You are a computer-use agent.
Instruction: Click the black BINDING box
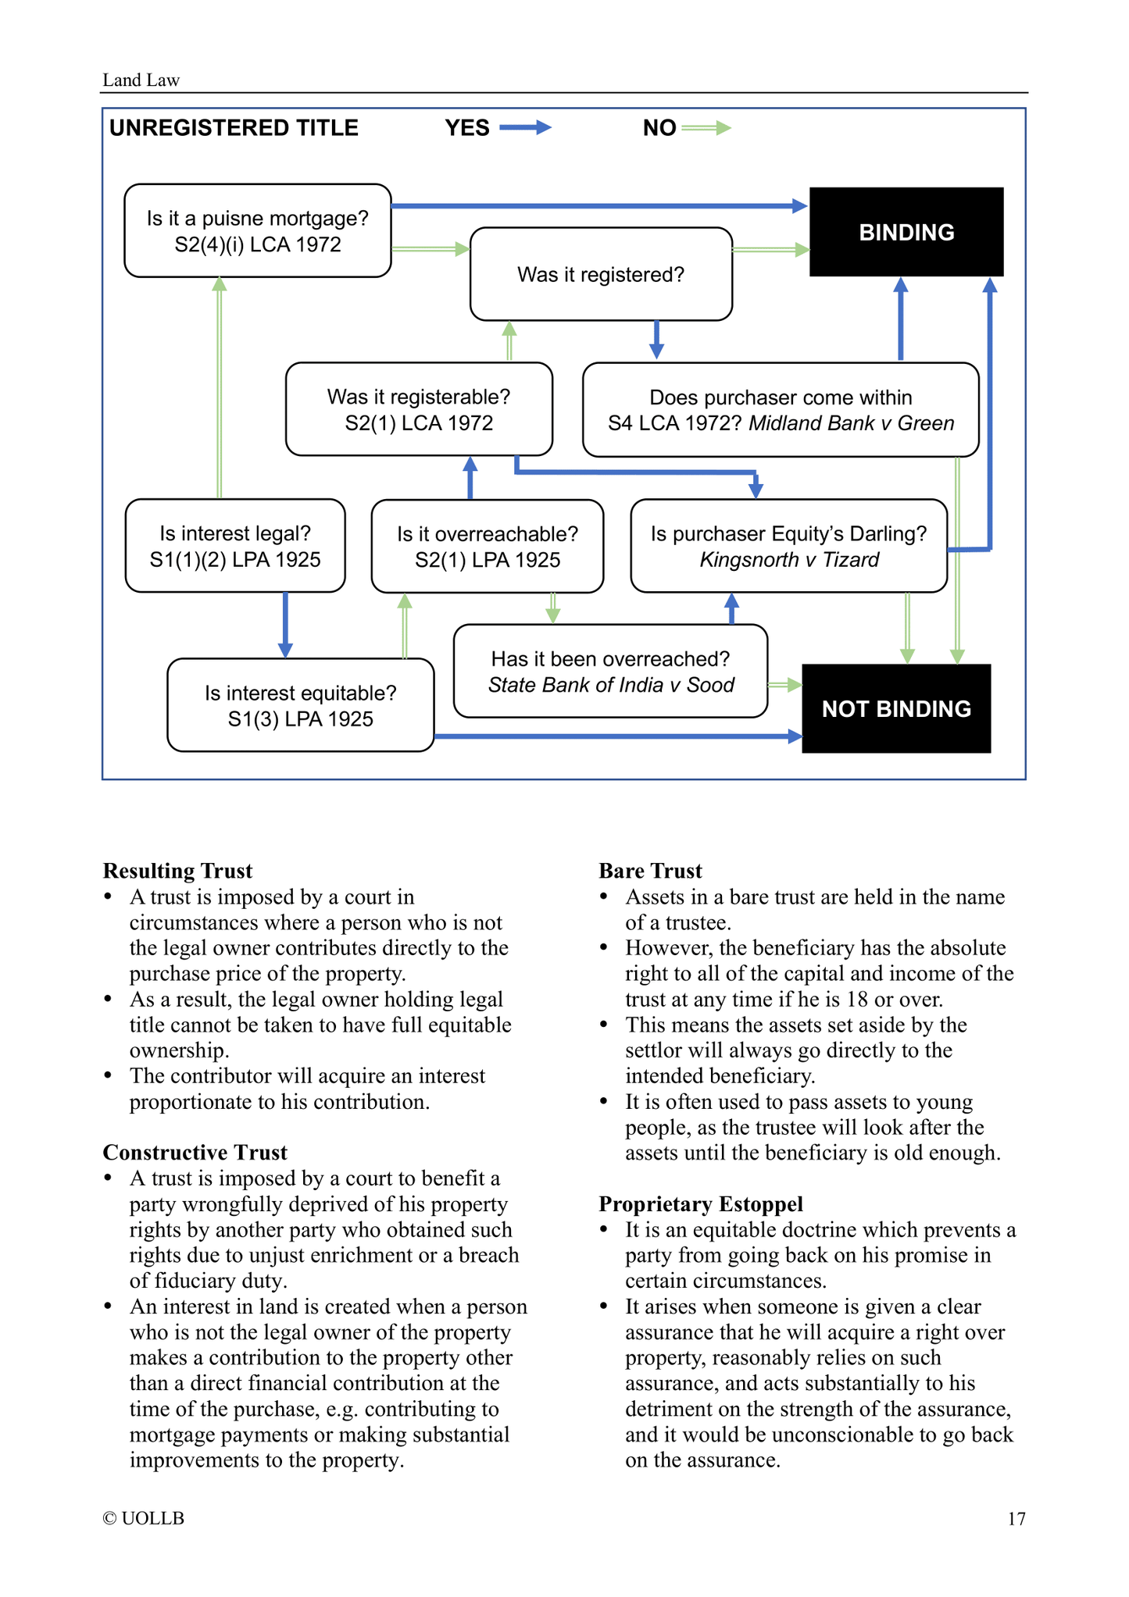coord(906,232)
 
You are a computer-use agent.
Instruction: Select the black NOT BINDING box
coord(896,708)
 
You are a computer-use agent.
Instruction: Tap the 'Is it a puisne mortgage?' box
coord(258,231)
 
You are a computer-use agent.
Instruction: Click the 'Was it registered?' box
coord(601,274)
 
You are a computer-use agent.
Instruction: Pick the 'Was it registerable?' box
coord(419,409)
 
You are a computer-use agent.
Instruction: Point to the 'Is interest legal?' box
coord(235,546)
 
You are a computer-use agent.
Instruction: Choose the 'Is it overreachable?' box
coord(488,547)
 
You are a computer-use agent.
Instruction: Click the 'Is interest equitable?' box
coord(301,705)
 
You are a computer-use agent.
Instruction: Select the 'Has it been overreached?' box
coord(610,672)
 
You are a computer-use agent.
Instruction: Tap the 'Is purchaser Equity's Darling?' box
coord(789,546)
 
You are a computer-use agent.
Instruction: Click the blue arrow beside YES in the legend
coord(525,128)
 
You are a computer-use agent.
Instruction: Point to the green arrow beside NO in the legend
coord(706,128)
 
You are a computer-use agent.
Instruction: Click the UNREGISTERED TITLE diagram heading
coord(234,128)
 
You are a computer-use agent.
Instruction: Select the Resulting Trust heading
coord(177,871)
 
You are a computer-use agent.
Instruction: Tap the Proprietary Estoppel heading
coord(701,1204)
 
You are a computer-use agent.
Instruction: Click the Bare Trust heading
coord(650,871)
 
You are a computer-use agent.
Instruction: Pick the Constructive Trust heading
coord(195,1153)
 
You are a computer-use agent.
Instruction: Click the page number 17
coord(1016,1519)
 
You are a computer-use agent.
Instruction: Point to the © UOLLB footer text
coord(143,1519)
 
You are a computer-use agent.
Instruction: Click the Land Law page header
coord(141,80)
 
